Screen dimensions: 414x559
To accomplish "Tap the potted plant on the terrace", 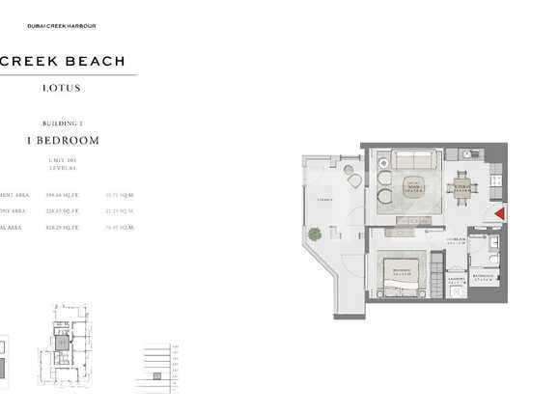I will (x=315, y=234).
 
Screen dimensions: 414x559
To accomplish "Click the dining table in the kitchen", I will (x=462, y=187).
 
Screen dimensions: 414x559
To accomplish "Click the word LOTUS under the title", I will (x=62, y=88).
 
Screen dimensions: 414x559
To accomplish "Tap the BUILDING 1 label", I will (x=64, y=124).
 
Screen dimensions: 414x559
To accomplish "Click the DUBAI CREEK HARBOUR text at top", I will (x=62, y=26).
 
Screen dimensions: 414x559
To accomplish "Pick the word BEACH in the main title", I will (x=93, y=61).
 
